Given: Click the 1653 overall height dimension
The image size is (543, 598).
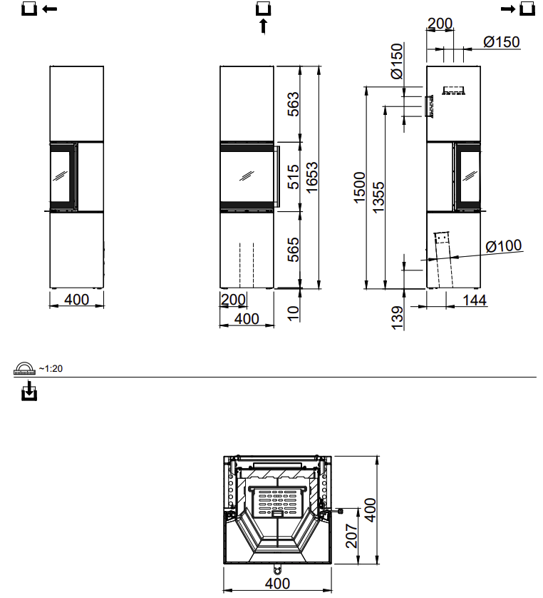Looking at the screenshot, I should [x=311, y=178].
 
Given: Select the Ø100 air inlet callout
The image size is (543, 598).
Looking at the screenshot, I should [x=503, y=246].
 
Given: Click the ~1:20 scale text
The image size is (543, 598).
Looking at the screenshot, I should [x=51, y=369].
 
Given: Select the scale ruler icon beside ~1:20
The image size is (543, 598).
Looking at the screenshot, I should [x=24, y=368].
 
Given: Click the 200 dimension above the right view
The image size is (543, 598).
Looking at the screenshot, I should [x=440, y=24].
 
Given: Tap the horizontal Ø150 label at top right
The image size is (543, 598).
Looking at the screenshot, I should [x=501, y=42].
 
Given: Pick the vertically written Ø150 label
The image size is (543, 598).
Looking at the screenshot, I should [x=397, y=61].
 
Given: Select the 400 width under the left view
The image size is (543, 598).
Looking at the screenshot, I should [x=76, y=300].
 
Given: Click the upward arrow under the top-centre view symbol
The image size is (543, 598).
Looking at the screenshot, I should [x=263, y=26].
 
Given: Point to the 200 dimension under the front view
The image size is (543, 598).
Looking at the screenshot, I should [x=233, y=299].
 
